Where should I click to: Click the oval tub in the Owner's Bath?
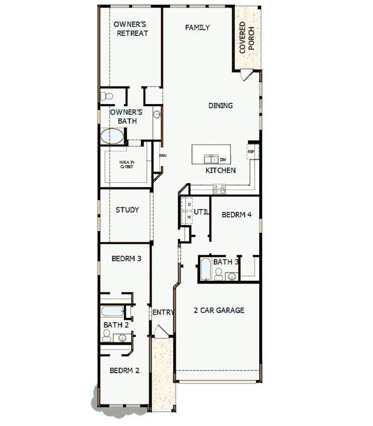112,136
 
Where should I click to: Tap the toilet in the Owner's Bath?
106,97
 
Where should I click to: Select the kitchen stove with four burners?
219,189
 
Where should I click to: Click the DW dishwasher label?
223,160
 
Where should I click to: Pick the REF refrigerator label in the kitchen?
251,151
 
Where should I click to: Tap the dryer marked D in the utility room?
190,205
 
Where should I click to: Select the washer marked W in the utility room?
190,217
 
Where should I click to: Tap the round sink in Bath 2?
122,337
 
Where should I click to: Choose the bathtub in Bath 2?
112,311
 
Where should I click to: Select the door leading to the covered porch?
247,75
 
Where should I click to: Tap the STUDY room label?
127,210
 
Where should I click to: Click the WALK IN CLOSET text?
126,164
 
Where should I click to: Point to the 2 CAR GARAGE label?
219,310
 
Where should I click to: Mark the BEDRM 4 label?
236,215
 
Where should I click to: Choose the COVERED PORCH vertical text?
247,37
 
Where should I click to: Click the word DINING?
221,106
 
